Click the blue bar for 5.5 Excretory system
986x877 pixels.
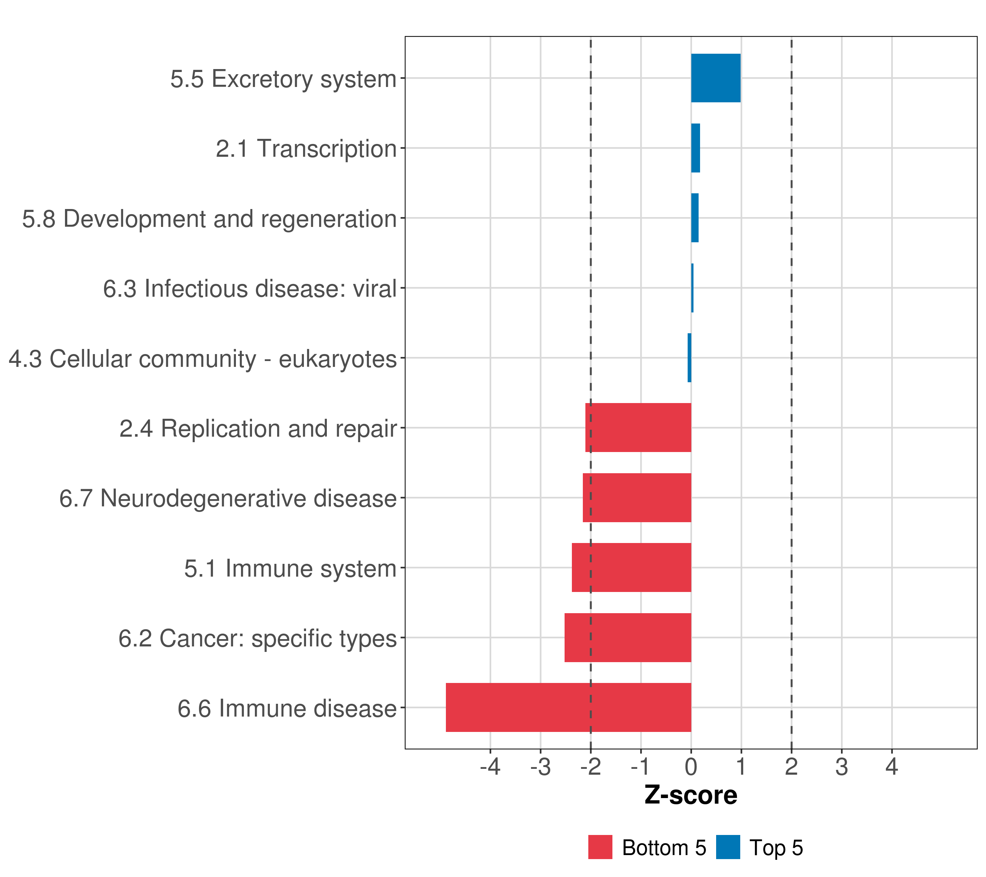coord(715,78)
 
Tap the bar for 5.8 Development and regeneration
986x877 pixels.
coord(695,218)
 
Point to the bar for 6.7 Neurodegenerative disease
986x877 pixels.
coord(637,498)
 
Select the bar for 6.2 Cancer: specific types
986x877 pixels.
coord(628,638)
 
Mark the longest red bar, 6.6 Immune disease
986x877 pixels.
coord(568,707)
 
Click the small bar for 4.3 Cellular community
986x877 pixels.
coord(689,358)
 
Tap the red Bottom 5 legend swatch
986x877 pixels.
coord(600,847)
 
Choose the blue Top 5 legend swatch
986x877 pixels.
coord(728,847)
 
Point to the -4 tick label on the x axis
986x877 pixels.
coord(490,767)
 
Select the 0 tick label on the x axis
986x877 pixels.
coord(691,767)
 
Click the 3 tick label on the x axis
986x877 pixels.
coord(841,767)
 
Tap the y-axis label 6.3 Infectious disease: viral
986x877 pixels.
coord(249,289)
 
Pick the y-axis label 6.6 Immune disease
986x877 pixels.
coord(287,709)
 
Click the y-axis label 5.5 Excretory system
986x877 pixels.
coord(283,79)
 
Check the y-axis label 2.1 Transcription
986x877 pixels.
coord(306,149)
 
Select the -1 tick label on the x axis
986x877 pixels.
coord(640,767)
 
